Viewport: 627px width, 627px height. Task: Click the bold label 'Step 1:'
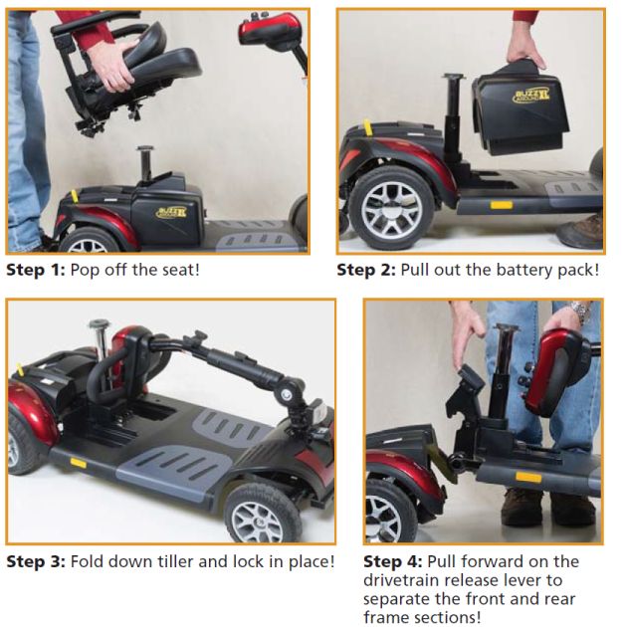(x=36, y=270)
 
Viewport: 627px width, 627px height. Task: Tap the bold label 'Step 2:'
(x=366, y=270)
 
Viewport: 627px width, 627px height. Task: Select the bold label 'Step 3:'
(x=36, y=562)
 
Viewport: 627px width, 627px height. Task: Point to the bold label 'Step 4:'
(x=393, y=562)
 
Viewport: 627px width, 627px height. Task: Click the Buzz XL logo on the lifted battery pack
(x=531, y=96)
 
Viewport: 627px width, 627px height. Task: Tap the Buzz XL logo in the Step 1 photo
(x=171, y=212)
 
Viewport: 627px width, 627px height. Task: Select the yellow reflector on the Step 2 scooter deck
(x=502, y=205)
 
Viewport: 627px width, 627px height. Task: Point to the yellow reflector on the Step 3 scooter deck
(x=79, y=463)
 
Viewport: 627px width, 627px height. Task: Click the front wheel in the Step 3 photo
(x=263, y=514)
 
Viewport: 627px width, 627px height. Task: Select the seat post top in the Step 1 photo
(x=144, y=149)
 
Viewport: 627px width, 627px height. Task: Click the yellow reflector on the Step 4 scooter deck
(x=528, y=477)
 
